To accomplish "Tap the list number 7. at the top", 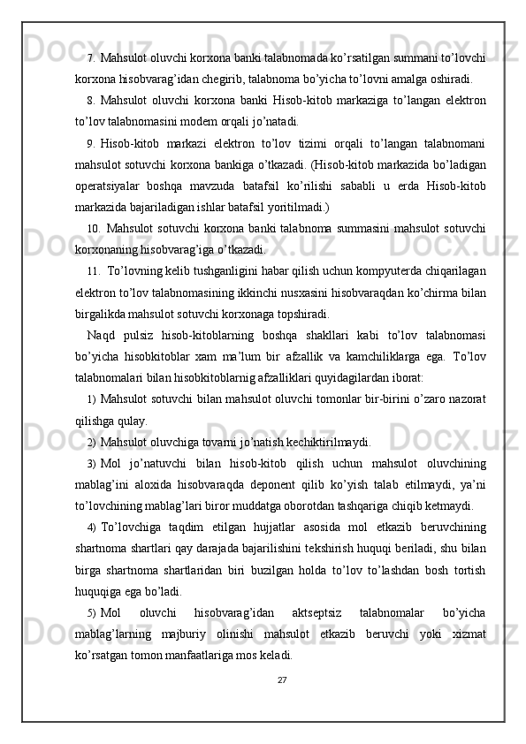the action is tap(93, 58).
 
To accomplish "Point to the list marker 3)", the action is tap(92, 464).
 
